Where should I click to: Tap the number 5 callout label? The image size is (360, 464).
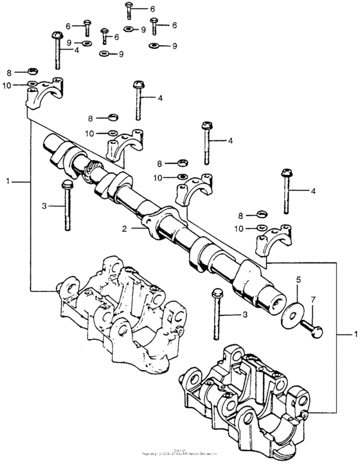tap(298, 281)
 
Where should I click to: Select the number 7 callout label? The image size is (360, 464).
tap(313, 300)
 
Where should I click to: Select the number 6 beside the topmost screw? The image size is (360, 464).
tap(153, 9)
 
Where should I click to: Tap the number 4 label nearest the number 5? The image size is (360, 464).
tap(313, 191)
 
